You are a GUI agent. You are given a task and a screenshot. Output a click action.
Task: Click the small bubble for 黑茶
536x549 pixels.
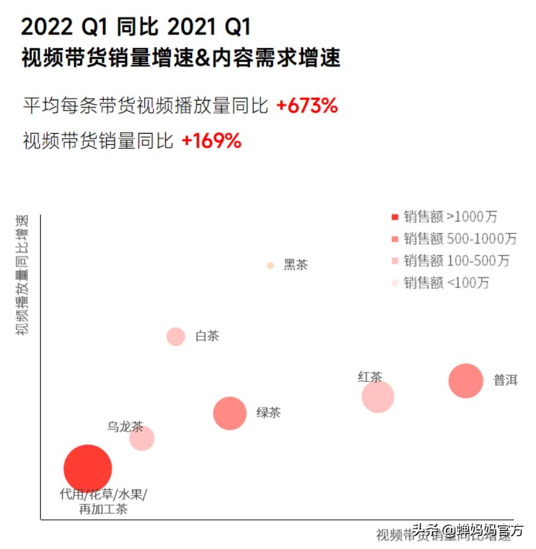[270, 266]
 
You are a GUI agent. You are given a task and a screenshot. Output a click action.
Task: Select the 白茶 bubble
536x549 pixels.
[176, 336]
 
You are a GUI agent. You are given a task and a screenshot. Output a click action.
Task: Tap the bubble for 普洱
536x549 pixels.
[465, 381]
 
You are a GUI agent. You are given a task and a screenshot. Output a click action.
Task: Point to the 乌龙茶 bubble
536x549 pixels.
[142, 439]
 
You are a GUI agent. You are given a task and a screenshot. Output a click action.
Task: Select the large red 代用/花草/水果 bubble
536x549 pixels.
[87, 469]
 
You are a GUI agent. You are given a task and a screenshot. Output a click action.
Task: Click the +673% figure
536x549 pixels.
[307, 106]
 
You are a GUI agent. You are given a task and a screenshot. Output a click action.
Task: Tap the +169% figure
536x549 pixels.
[211, 141]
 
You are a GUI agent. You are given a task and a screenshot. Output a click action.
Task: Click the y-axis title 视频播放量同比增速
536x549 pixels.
[22, 274]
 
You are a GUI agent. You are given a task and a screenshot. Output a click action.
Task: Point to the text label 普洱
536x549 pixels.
[505, 381]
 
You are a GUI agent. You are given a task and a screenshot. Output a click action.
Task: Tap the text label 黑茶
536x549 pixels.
[296, 265]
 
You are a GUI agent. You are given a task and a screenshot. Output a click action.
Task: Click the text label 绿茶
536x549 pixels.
[269, 413]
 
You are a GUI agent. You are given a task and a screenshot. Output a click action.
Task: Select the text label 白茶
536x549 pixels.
[207, 336]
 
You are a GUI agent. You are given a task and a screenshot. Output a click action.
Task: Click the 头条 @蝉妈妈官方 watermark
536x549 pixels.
[468, 529]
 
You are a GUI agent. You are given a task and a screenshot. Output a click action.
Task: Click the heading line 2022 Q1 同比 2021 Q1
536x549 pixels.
[136, 27]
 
